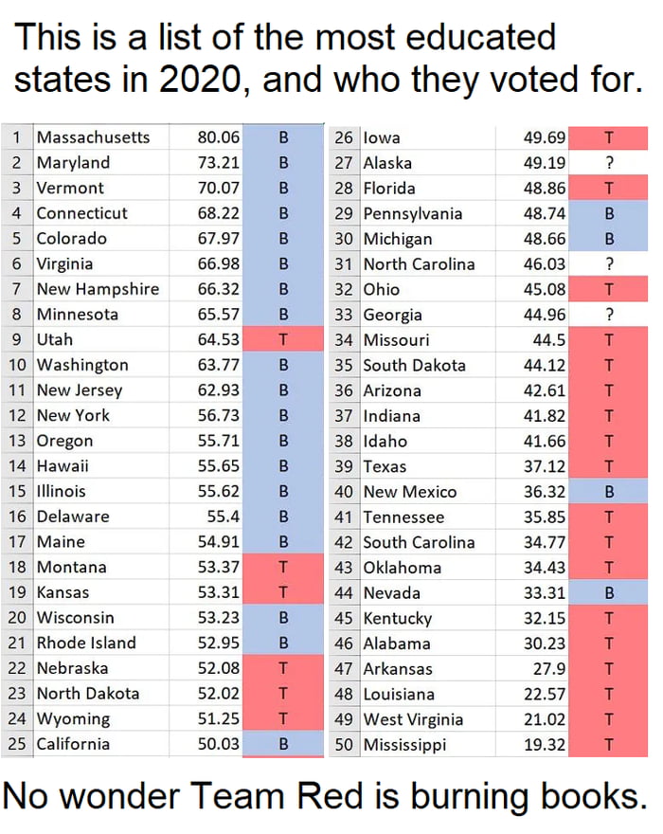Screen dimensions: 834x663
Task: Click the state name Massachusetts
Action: click(x=93, y=137)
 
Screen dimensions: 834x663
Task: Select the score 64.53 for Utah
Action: click(x=218, y=339)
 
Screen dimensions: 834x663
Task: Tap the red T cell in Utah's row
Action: click(x=282, y=339)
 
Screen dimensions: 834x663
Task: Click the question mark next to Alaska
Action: click(x=609, y=163)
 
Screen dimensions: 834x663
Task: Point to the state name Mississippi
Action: click(x=404, y=744)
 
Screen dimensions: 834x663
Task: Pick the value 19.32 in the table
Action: click(x=545, y=744)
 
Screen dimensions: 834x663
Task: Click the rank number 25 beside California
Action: click(x=16, y=744)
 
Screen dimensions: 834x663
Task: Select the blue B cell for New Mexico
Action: click(x=609, y=492)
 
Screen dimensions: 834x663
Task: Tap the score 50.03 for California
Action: click(x=218, y=744)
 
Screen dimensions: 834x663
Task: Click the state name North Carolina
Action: click(x=419, y=263)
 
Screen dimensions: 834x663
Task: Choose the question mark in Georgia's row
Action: click(x=609, y=315)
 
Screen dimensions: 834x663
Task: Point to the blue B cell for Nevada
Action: click(x=609, y=593)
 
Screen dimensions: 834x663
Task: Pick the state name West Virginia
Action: click(x=413, y=718)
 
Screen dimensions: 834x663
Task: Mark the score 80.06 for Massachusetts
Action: click(x=218, y=137)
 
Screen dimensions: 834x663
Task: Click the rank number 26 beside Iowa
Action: click(x=344, y=137)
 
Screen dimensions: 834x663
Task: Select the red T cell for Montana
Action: click(x=282, y=567)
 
